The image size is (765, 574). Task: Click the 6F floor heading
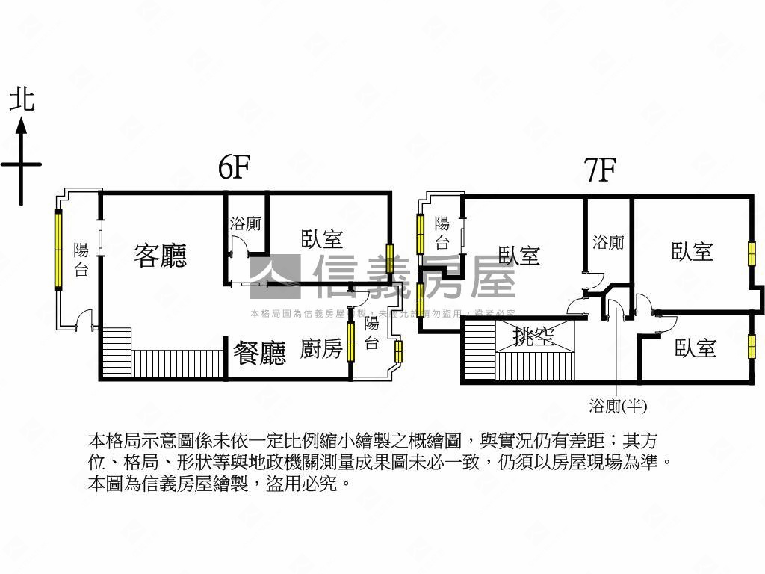point(233,168)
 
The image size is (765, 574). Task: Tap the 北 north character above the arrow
point(22,99)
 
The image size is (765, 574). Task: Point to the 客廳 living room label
point(161,255)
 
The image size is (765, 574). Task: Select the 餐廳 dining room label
point(259,352)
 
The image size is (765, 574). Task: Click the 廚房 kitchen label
point(321,348)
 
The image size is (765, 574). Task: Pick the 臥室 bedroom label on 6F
point(322,238)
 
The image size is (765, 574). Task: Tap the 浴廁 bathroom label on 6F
point(245,223)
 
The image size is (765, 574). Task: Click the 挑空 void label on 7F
point(534,337)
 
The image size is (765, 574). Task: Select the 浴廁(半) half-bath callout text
point(617,406)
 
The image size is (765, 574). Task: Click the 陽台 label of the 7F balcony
point(442,232)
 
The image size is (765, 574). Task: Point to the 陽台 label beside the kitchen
point(371,334)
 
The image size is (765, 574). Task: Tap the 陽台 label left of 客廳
point(81,260)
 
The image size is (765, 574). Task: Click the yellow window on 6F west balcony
point(58,250)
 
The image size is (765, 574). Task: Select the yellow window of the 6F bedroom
point(388,255)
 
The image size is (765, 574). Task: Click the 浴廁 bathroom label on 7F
point(608,242)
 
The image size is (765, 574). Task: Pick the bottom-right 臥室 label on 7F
point(695,348)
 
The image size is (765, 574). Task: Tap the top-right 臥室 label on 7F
point(692,251)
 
